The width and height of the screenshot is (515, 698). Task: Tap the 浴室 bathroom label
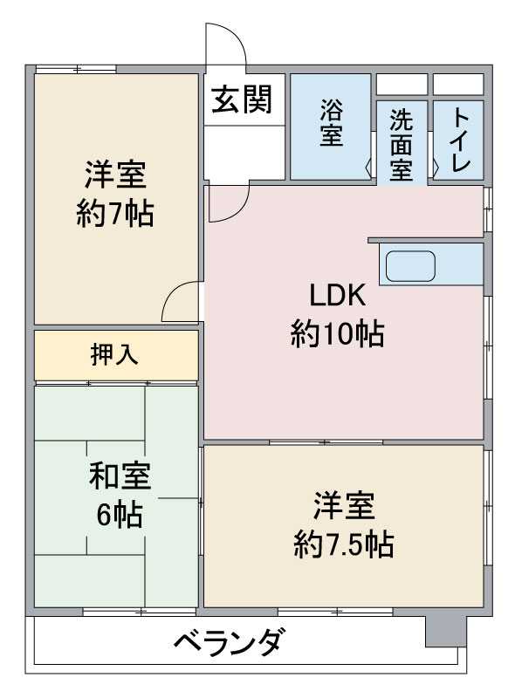pyautogui.click(x=332, y=122)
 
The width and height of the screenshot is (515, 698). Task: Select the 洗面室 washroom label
pyautogui.click(x=401, y=144)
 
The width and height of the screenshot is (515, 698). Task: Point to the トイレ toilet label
pyautogui.click(x=459, y=140)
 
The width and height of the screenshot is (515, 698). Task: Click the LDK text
pyautogui.click(x=337, y=295)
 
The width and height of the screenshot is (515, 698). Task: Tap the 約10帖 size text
pyautogui.click(x=337, y=334)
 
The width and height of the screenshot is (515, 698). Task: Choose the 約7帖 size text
pyautogui.click(x=115, y=214)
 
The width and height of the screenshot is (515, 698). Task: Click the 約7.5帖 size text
pyautogui.click(x=344, y=544)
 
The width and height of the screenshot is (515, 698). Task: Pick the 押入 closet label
pyautogui.click(x=114, y=355)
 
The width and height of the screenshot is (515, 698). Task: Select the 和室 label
pyautogui.click(x=120, y=476)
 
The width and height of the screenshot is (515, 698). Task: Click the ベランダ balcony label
pyautogui.click(x=228, y=642)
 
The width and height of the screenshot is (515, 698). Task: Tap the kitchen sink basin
pyautogui.click(x=410, y=266)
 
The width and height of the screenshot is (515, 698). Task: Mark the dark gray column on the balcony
pyautogui.click(x=445, y=631)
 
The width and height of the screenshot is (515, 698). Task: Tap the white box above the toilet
pyautogui.click(x=458, y=85)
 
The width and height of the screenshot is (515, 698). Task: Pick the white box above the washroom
pyautogui.click(x=402, y=85)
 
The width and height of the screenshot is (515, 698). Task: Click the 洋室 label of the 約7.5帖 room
pyautogui.click(x=344, y=506)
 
